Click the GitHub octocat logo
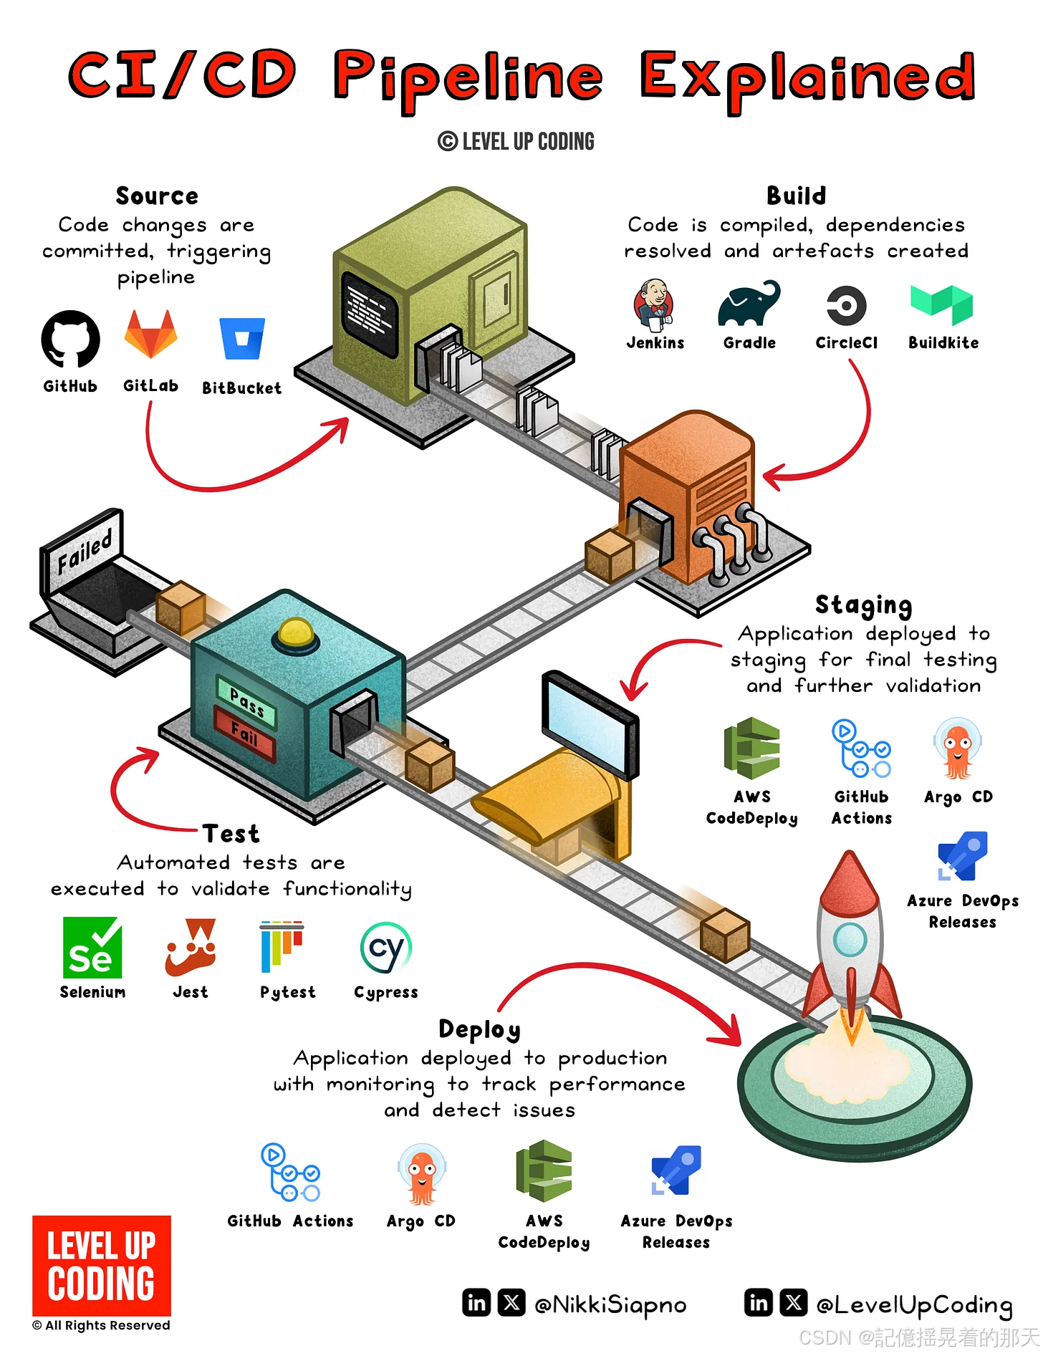coord(70,339)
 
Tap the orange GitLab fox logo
coord(150,335)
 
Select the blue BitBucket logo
coord(242,338)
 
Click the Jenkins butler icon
coord(654,304)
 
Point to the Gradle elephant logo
coord(749,304)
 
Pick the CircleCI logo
coord(846,306)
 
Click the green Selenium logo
coord(92,948)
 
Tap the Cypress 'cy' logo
coord(386,948)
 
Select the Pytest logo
coord(282,946)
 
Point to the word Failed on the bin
coord(85,552)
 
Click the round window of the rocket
coord(851,939)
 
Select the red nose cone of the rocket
coord(850,881)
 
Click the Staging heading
coord(863,605)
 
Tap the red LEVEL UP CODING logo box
coord(102,1265)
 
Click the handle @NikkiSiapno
coord(610,1305)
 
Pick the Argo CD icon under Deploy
coord(422,1174)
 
